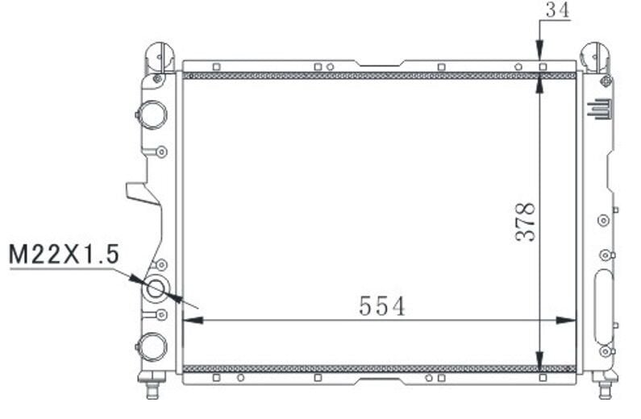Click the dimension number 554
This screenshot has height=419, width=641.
[382, 305]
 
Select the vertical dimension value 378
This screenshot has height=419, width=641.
[526, 222]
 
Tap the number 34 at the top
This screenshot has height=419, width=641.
[556, 10]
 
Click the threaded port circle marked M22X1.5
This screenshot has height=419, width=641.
[155, 289]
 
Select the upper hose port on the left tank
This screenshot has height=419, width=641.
[152, 115]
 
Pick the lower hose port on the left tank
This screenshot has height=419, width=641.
[152, 346]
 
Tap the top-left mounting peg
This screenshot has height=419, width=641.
[159, 56]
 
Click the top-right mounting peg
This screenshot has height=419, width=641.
[596, 56]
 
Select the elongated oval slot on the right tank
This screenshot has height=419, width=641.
[603, 307]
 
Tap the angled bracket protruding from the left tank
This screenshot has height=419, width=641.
[141, 193]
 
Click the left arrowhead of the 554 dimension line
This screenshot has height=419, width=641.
[189, 320]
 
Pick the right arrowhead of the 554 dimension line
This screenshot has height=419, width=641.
[570, 320]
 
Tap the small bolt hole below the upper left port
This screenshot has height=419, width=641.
[161, 151]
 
